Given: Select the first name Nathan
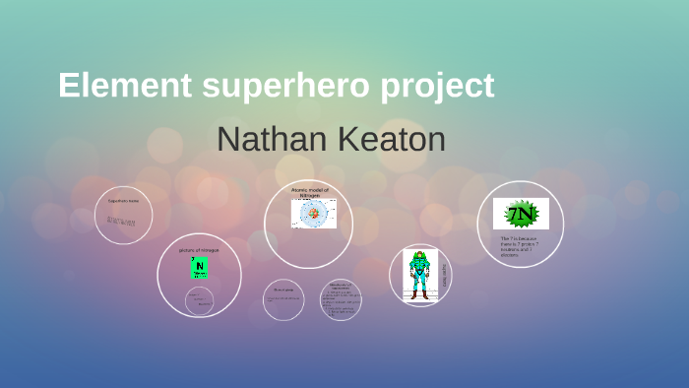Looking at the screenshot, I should pos(273,139).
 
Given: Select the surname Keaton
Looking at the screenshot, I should pos(392,139).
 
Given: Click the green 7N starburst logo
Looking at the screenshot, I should pos(521,214).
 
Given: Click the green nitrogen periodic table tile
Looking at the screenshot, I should pos(200,268).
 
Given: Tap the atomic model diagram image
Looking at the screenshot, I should pos(313,213).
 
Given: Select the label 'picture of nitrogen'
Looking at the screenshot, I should pos(199,250).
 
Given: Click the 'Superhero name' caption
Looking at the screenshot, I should pos(123,201).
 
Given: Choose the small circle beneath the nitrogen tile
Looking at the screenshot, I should pos(199,299).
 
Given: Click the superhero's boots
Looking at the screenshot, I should pos(420,293).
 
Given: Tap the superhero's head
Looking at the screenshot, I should pos(420,255).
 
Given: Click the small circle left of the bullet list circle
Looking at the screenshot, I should pos(283,299).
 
